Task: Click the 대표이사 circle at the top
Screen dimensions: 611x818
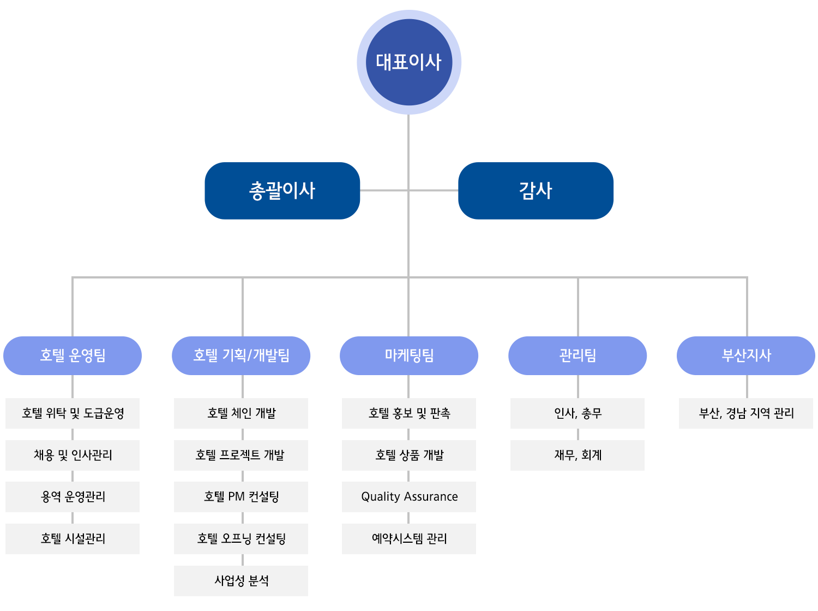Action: (x=409, y=62)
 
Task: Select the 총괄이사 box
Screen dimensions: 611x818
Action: (x=282, y=191)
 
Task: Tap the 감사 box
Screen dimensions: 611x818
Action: (x=536, y=191)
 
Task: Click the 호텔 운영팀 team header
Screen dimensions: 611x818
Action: (x=73, y=355)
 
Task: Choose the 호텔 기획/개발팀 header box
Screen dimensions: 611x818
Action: (x=241, y=355)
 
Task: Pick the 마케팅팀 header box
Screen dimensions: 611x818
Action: (x=409, y=355)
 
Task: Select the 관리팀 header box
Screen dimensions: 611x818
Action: (x=578, y=355)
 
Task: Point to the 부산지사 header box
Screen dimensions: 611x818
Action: (x=745, y=355)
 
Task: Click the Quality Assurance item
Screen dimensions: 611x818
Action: (x=409, y=497)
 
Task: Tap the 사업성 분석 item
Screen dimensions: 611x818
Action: (x=241, y=580)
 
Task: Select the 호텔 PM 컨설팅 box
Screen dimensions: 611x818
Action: (x=241, y=497)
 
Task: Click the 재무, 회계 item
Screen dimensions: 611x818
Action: (x=578, y=455)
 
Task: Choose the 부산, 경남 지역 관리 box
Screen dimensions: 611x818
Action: (x=746, y=413)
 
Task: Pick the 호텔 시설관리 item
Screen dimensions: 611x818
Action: (x=73, y=539)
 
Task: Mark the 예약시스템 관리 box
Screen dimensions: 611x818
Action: (x=409, y=539)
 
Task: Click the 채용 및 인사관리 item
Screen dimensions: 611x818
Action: (x=73, y=455)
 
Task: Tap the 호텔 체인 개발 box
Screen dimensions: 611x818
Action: (x=241, y=413)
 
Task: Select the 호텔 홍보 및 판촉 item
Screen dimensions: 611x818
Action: (x=409, y=413)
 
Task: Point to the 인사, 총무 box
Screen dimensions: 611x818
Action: (x=578, y=413)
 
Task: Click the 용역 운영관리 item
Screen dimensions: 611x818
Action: (x=73, y=497)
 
